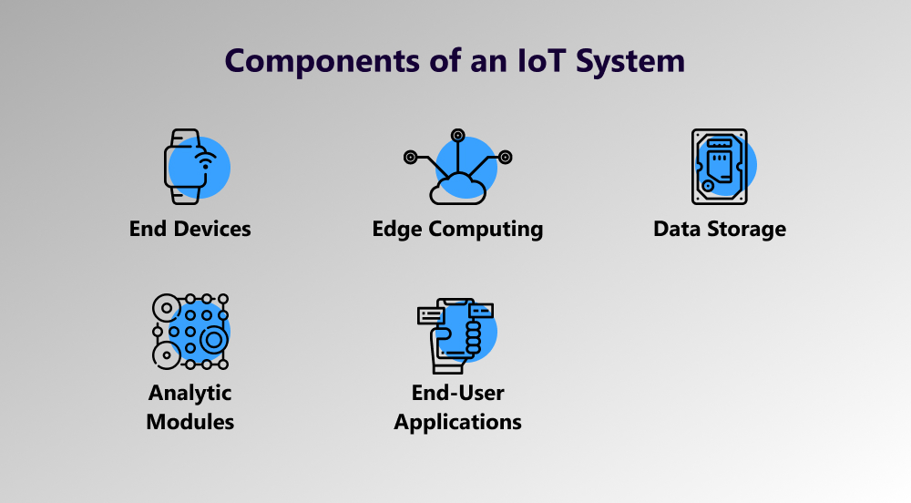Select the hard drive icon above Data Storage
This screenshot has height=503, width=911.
click(719, 167)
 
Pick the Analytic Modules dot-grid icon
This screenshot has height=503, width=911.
click(190, 332)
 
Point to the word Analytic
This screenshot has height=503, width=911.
click(190, 394)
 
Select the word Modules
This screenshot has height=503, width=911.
click(190, 422)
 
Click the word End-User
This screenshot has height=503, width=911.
click(458, 394)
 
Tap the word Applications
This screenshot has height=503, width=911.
click(458, 423)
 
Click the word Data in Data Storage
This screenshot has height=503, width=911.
click(675, 228)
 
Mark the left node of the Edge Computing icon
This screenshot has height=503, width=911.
click(411, 158)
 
